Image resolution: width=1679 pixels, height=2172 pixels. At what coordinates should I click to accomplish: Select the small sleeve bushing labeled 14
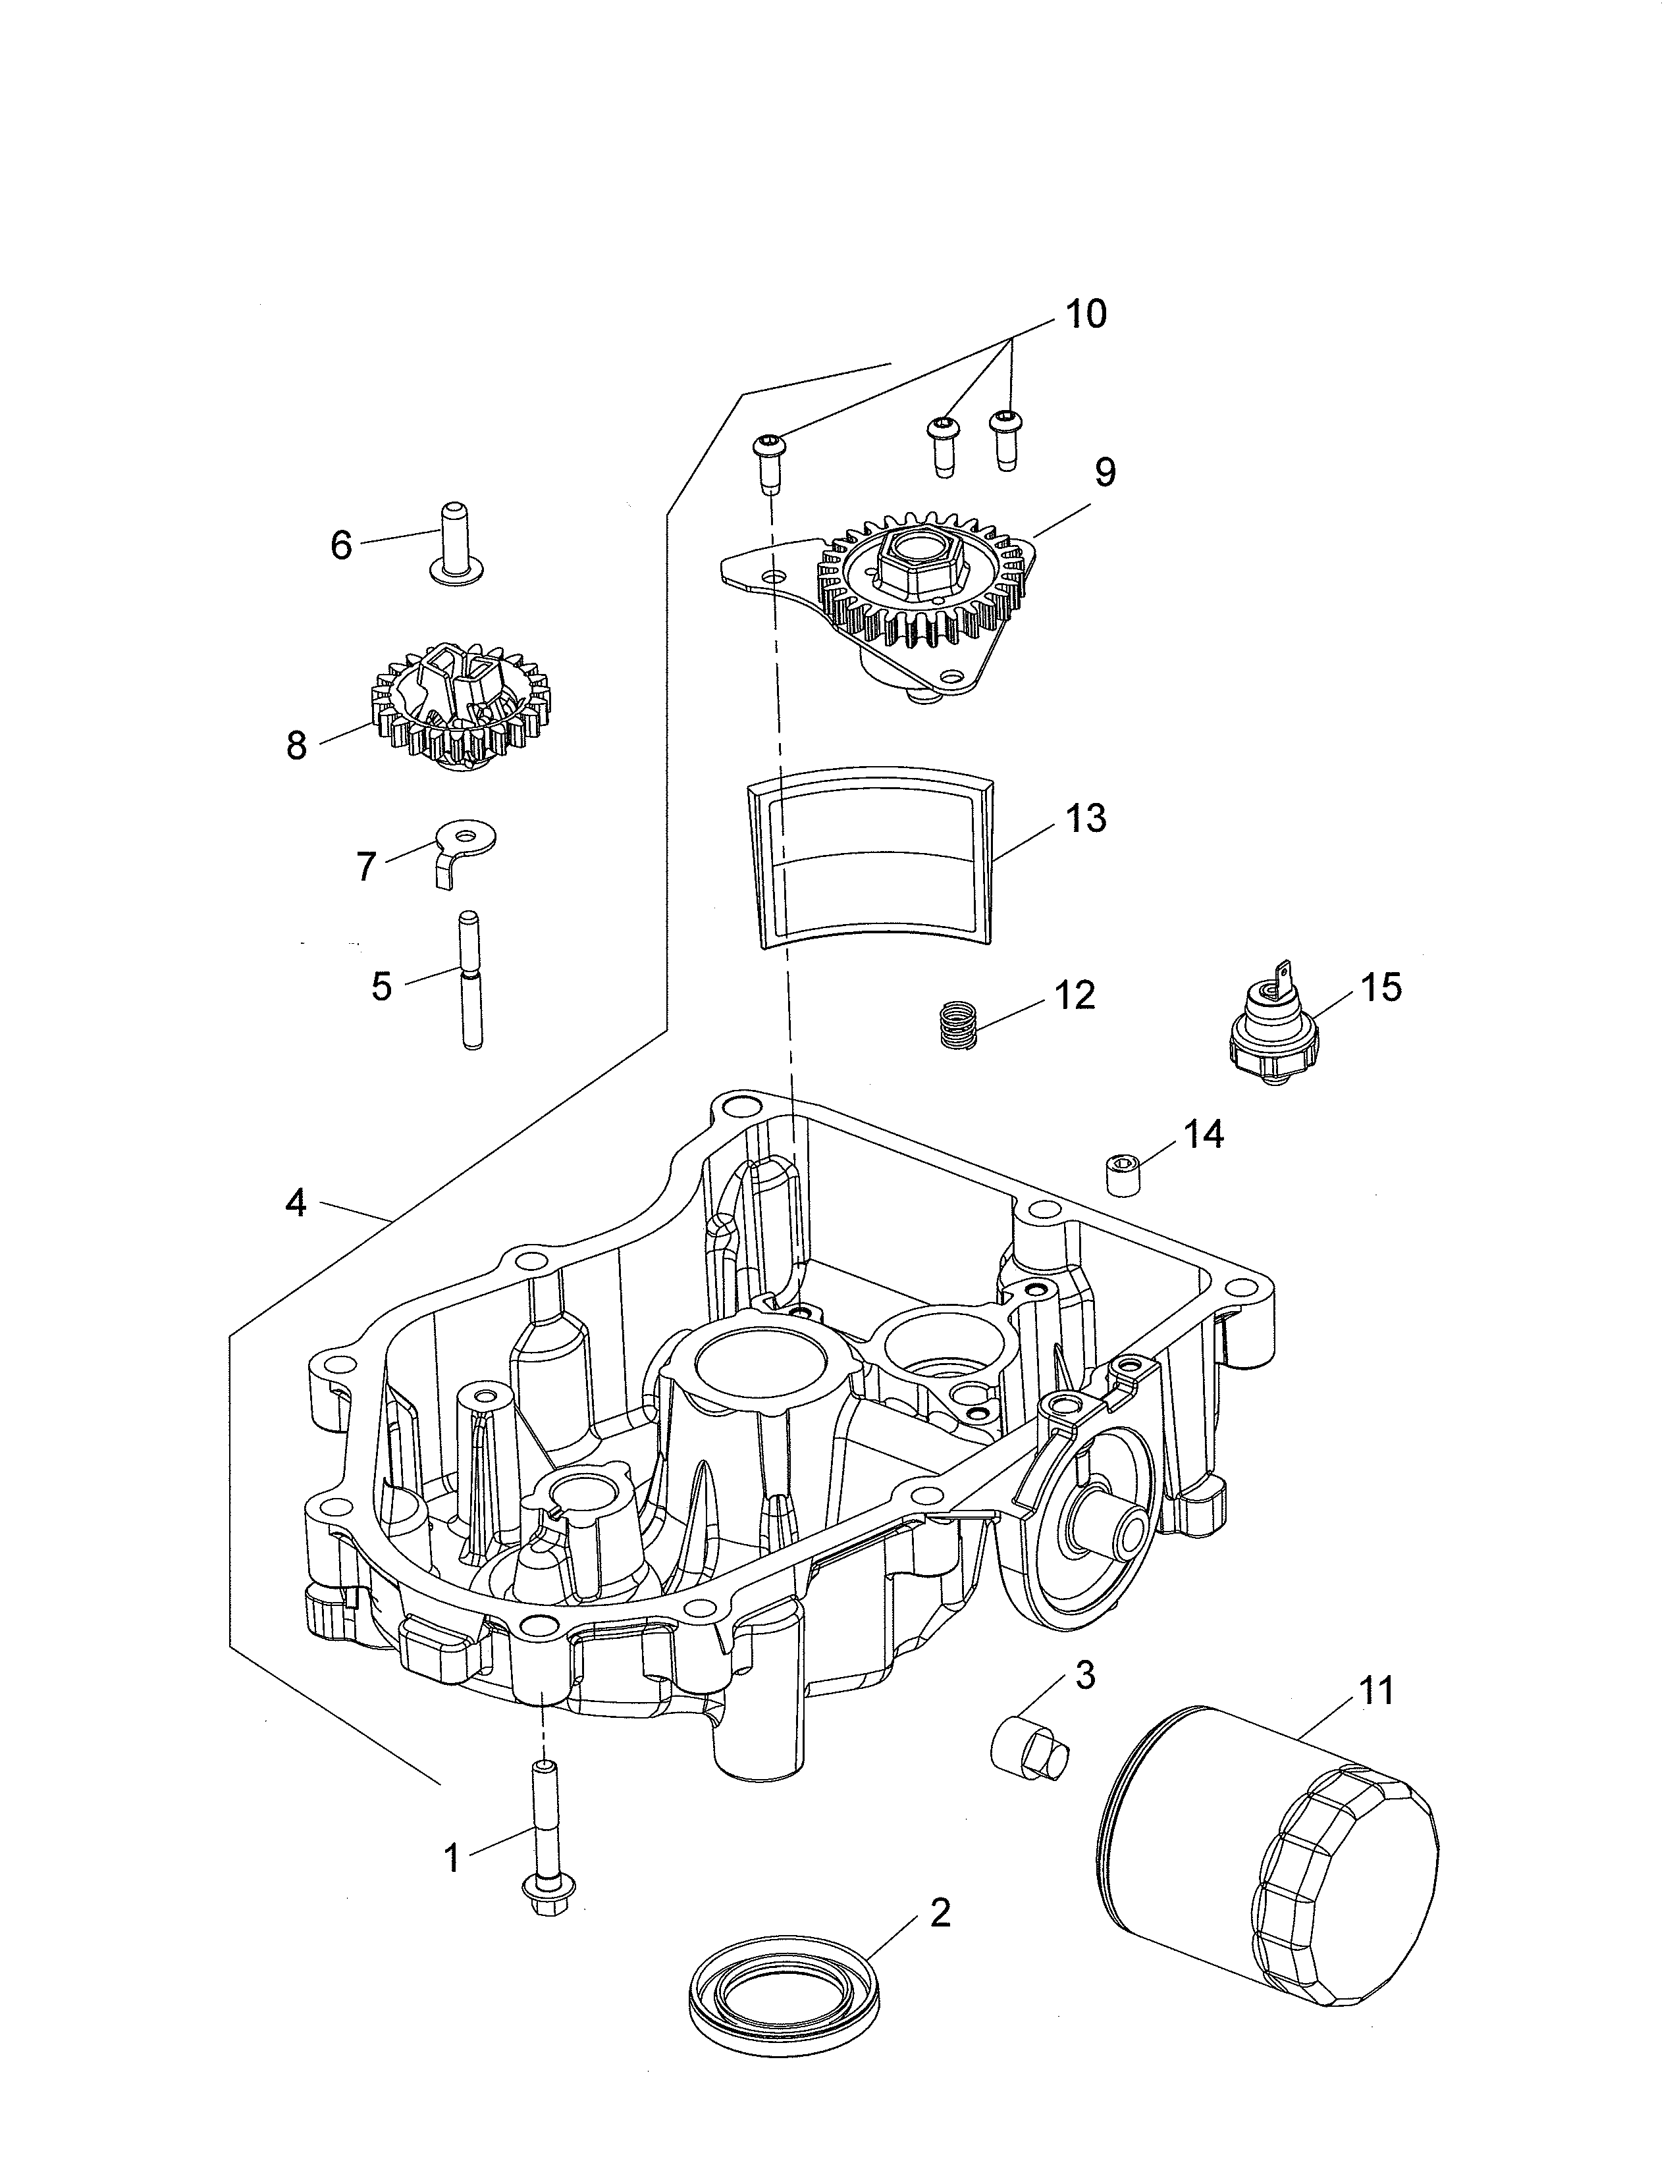[x=1122, y=1176]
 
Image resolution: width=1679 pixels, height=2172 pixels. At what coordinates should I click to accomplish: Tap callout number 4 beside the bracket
[x=296, y=1204]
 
